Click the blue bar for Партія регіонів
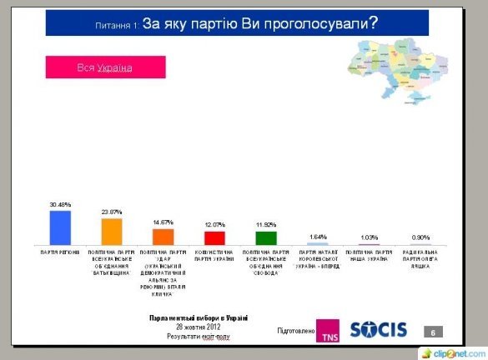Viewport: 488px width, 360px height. tap(60, 227)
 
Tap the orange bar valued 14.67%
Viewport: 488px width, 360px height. tap(163, 237)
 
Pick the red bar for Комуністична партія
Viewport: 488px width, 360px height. tap(214, 238)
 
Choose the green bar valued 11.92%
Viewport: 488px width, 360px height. tap(265, 238)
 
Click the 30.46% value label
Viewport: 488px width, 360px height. tap(60, 205)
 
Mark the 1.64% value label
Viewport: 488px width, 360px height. tap(317, 237)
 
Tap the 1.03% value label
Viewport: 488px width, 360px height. tap(368, 238)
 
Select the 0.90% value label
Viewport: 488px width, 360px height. tap(420, 238)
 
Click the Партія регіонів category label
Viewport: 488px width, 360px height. tap(60, 251)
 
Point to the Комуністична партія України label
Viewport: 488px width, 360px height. tap(214, 254)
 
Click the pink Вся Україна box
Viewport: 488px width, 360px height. tap(105, 67)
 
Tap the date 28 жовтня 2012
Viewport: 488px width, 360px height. tap(198, 327)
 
